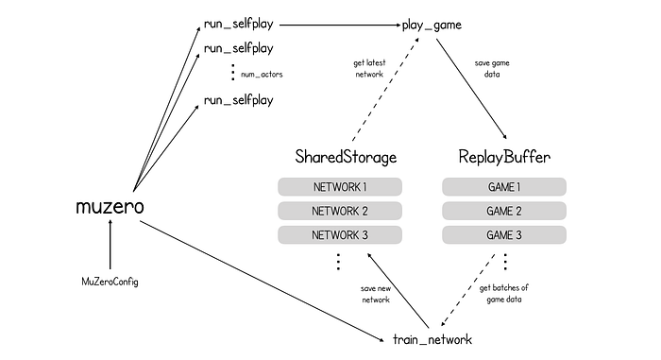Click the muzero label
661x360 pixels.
110,207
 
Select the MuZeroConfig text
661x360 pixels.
110,282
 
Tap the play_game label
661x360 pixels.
432,25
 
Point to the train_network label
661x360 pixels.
432,339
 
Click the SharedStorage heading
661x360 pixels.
346,157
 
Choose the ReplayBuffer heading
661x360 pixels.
504,157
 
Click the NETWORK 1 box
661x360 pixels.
340,186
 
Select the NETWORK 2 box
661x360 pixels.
340,211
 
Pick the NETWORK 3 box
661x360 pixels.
340,234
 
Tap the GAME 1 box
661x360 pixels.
504,186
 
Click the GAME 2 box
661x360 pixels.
504,211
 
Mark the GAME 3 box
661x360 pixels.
504,234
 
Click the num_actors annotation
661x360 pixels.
262,75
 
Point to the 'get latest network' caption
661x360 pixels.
369,68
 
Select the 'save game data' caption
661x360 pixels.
492,68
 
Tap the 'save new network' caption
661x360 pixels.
376,294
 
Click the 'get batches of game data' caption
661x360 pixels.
503,293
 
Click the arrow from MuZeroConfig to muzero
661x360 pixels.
110,244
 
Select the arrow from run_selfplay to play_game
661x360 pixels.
340,25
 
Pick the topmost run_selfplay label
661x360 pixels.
239,24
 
